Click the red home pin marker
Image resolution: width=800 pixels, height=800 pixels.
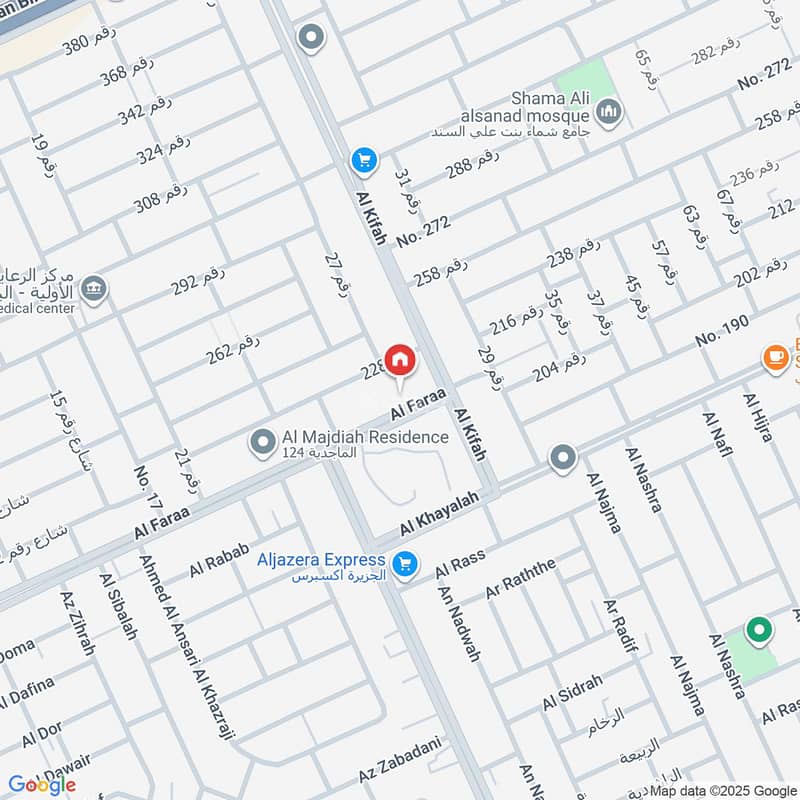[x=400, y=361]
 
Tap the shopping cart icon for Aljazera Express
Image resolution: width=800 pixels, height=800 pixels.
[x=404, y=566]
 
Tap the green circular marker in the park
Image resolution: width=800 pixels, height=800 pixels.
[x=759, y=630]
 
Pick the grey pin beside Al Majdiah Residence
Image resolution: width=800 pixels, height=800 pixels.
[x=263, y=441]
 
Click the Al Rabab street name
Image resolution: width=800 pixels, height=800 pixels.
[x=217, y=563]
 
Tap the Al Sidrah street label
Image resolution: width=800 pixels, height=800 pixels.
[x=572, y=692]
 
